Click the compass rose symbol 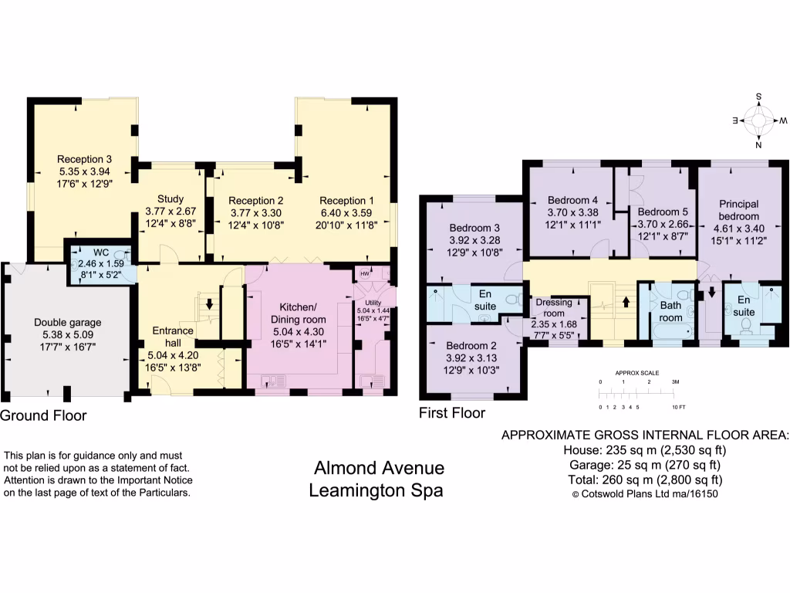(x=759, y=121)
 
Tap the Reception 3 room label (x=84, y=159)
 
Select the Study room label (x=170, y=199)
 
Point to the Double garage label (x=68, y=323)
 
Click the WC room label (x=101, y=253)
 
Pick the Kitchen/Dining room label (x=299, y=313)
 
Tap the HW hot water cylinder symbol (x=365, y=273)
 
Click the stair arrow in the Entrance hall (x=209, y=304)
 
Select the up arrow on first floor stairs (x=626, y=302)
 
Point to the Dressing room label (x=554, y=307)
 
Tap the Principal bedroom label (x=738, y=210)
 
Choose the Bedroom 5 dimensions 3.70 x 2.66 (x=663, y=225)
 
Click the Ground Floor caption (x=43, y=415)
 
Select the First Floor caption (x=452, y=413)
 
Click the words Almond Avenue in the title (x=379, y=468)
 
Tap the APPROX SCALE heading (x=636, y=373)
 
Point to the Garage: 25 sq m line (x=645, y=465)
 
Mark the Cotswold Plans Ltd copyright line (x=645, y=494)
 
